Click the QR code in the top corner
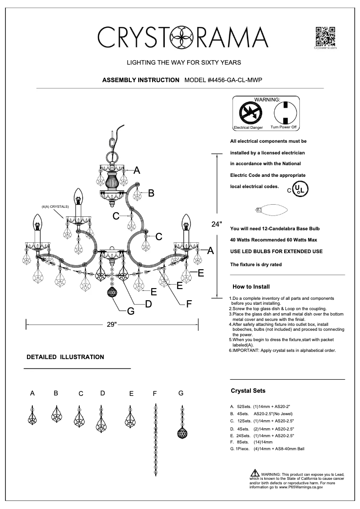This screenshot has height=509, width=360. [x=325, y=36]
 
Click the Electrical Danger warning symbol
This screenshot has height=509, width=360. [x=247, y=112]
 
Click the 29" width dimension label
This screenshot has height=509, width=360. [x=112, y=325]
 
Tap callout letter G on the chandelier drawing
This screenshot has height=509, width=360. [x=131, y=311]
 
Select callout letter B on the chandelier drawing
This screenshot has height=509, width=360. [x=151, y=193]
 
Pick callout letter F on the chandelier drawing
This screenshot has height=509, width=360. [x=189, y=304]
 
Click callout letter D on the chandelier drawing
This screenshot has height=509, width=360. [x=148, y=304]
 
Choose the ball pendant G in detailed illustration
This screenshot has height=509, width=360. [x=181, y=431]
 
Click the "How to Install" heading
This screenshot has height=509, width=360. [x=251, y=286]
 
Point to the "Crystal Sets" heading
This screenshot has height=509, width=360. [x=248, y=391]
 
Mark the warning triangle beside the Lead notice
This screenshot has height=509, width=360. [x=255, y=474]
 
